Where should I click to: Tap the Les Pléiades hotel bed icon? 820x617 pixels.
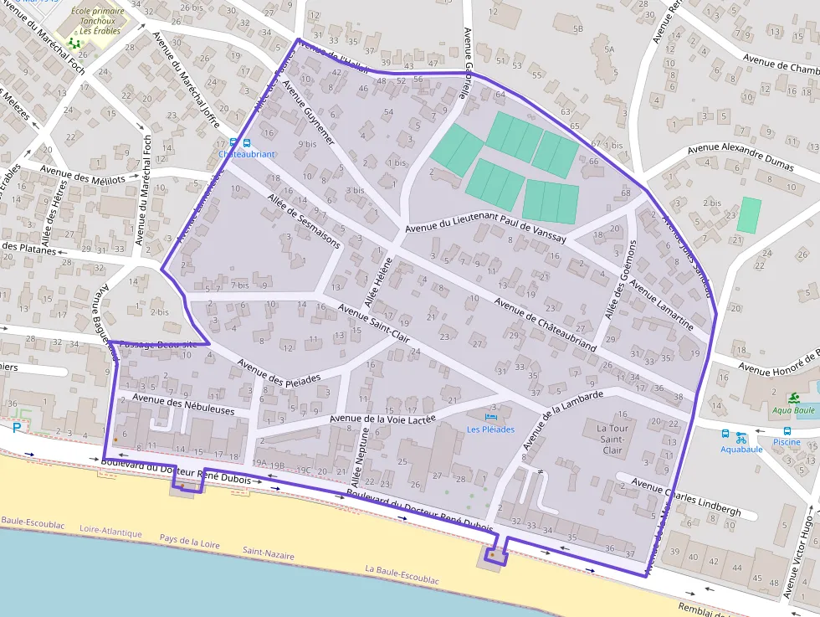pos(491,416)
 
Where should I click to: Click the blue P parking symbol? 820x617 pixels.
pos(17,429)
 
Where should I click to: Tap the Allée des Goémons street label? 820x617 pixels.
pos(620,280)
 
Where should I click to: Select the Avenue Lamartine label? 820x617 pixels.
pos(661,305)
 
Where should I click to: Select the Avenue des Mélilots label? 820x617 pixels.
pos(83,177)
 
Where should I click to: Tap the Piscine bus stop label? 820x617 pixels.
pos(787,442)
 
